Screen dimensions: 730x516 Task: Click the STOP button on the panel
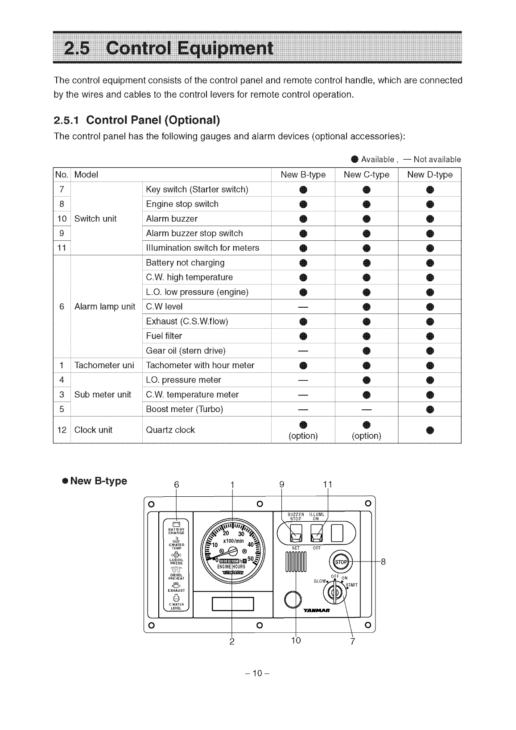tap(341, 562)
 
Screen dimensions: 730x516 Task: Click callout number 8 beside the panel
tap(383, 562)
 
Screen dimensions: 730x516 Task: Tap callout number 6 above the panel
tap(176, 485)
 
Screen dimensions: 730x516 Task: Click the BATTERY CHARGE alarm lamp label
tap(176, 531)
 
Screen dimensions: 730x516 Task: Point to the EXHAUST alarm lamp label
tap(176, 590)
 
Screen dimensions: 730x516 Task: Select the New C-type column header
tap(366, 175)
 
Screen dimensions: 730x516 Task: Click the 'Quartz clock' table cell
tap(170, 430)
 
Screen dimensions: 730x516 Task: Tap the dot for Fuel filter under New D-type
tap(429, 336)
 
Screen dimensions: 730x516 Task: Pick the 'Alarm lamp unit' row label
tap(104, 307)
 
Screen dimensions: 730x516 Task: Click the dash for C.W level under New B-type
tap(303, 307)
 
